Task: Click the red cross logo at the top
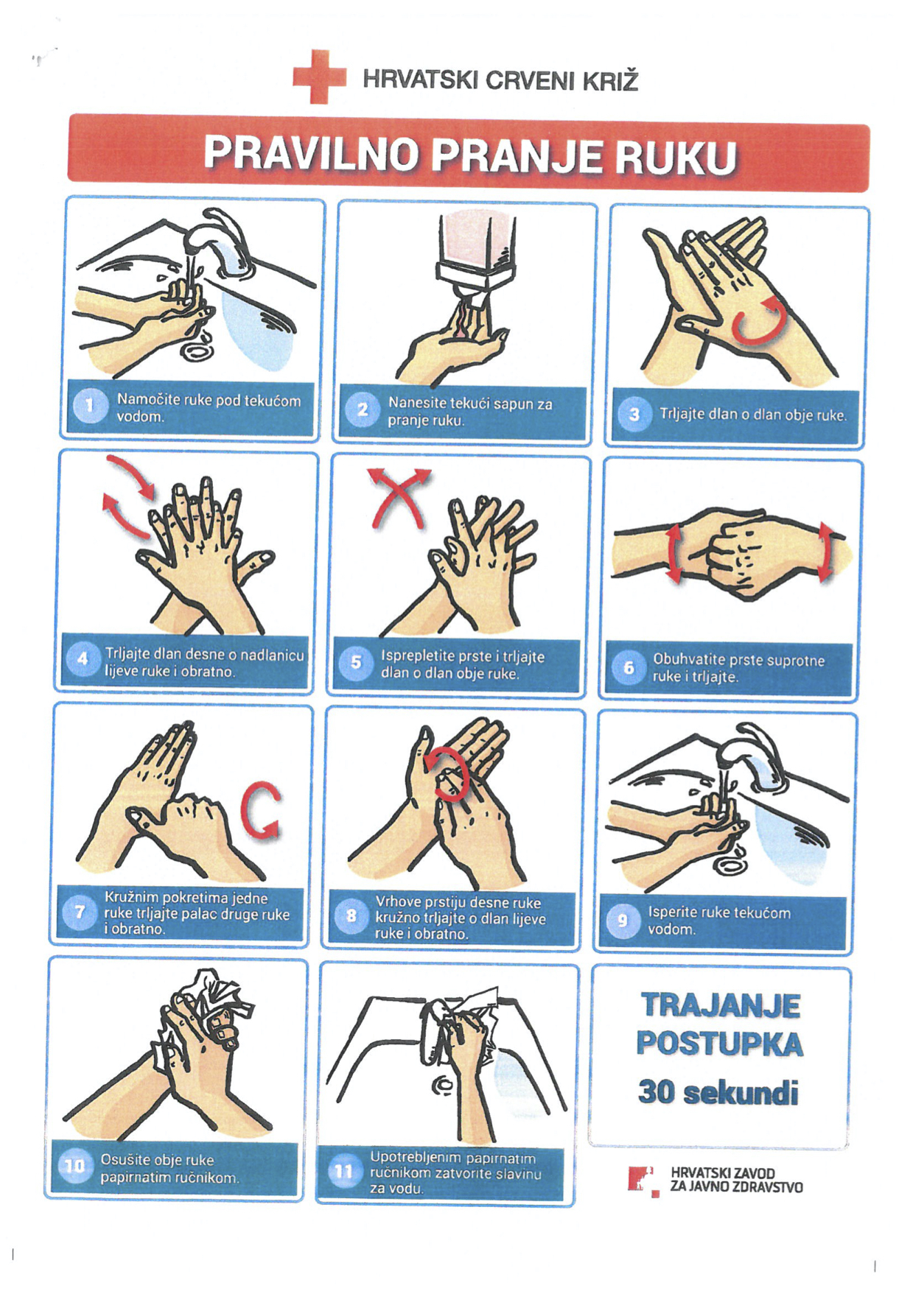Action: (319, 77)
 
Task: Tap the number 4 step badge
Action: (83, 658)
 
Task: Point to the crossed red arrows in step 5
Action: (399, 496)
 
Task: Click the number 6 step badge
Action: (629, 667)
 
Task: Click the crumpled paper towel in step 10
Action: (210, 1009)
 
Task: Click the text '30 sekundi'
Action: (718, 1091)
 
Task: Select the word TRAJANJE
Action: (721, 1005)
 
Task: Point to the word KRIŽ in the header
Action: (610, 80)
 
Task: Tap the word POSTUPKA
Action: (720, 1044)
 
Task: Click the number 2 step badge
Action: (362, 409)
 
